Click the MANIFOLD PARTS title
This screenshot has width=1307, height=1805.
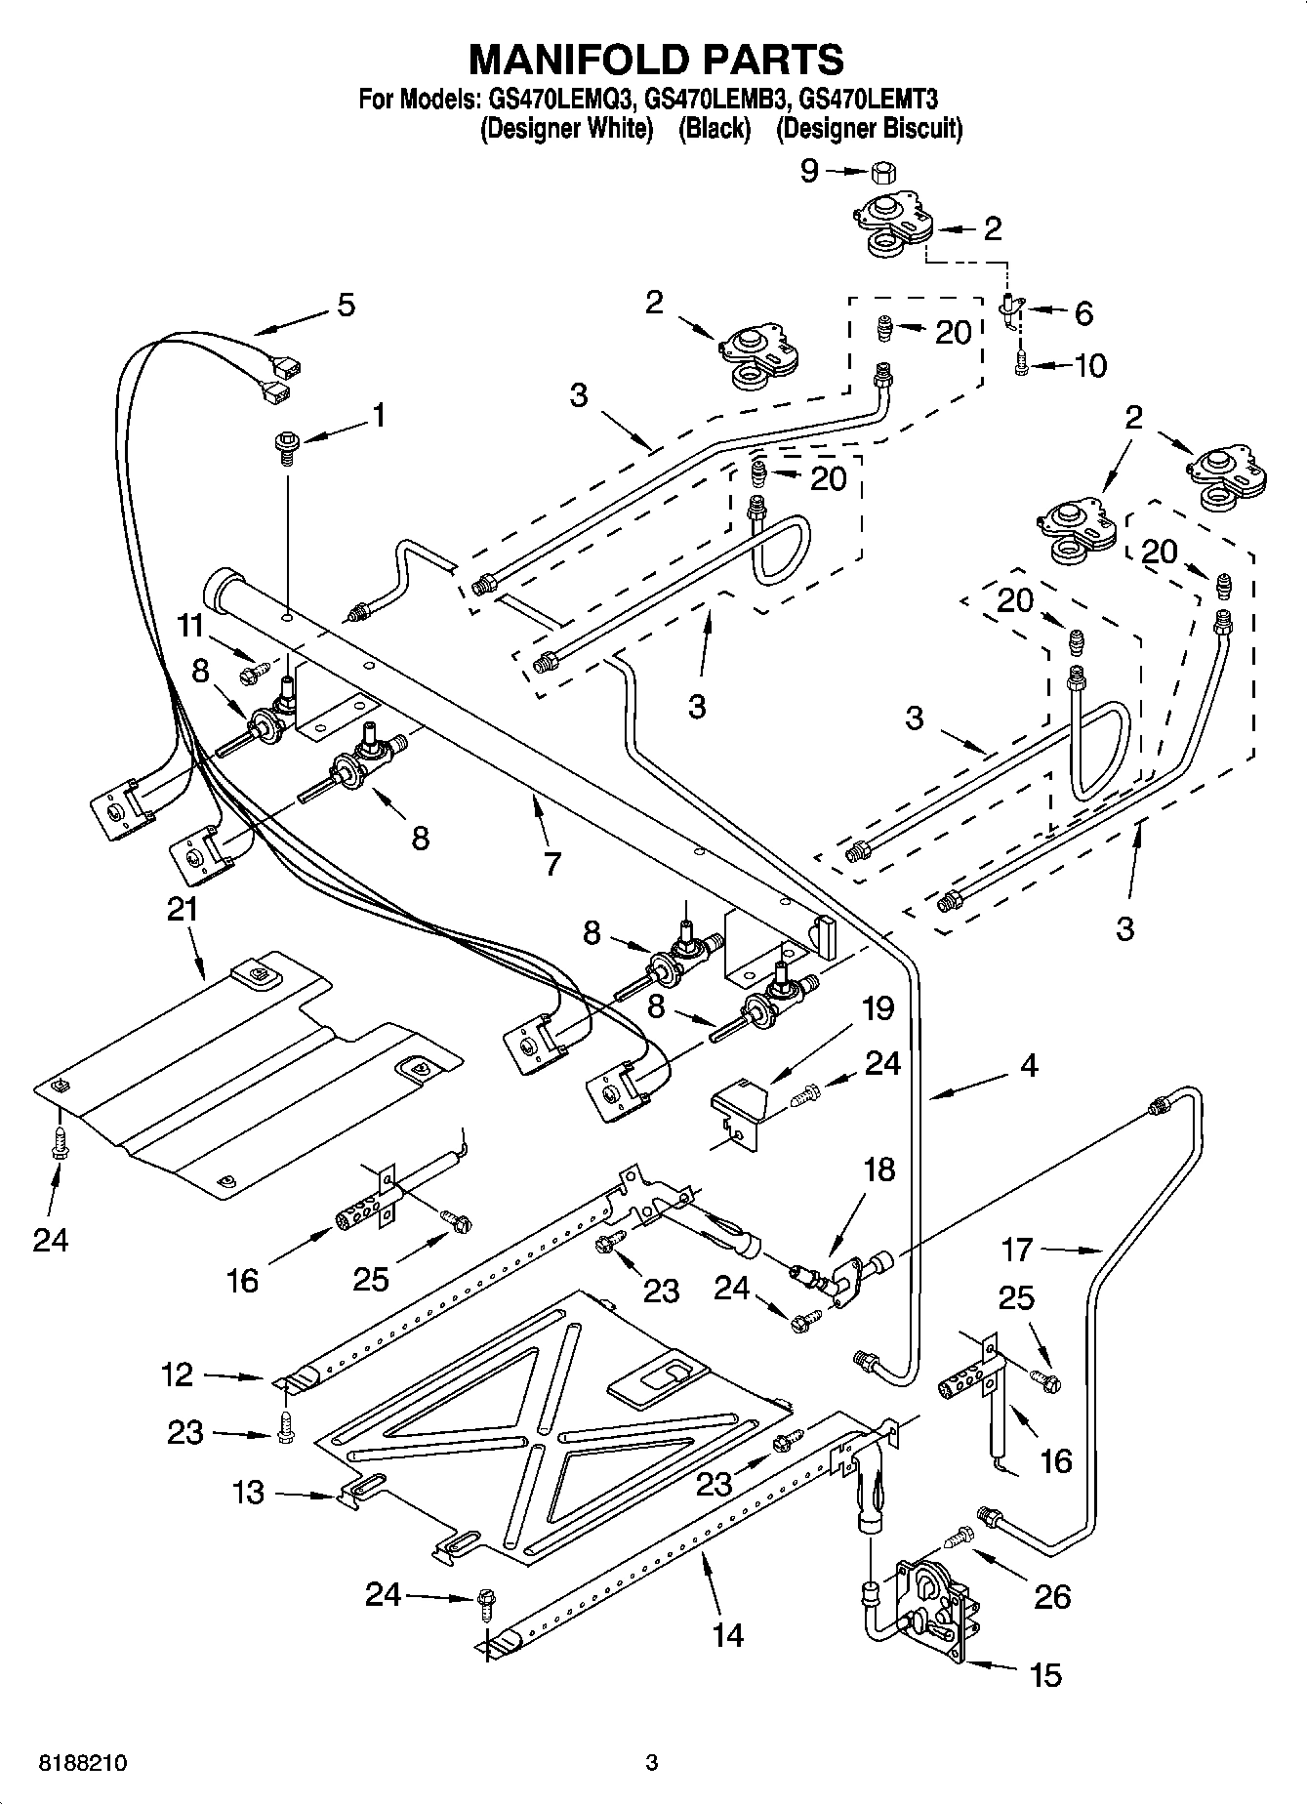click(x=656, y=61)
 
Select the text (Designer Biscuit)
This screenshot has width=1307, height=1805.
click(x=869, y=128)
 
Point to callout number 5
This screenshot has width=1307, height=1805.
click(x=346, y=305)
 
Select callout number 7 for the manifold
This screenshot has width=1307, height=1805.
click(x=552, y=863)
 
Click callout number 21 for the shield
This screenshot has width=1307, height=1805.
click(x=183, y=909)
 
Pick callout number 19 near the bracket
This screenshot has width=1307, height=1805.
click(x=878, y=1007)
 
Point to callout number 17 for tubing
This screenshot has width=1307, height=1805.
click(x=1017, y=1250)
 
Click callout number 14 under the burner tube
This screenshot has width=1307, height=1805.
click(x=728, y=1634)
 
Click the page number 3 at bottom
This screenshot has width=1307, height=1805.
click(x=652, y=1763)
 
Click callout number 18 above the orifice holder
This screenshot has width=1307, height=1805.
click(x=879, y=1169)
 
